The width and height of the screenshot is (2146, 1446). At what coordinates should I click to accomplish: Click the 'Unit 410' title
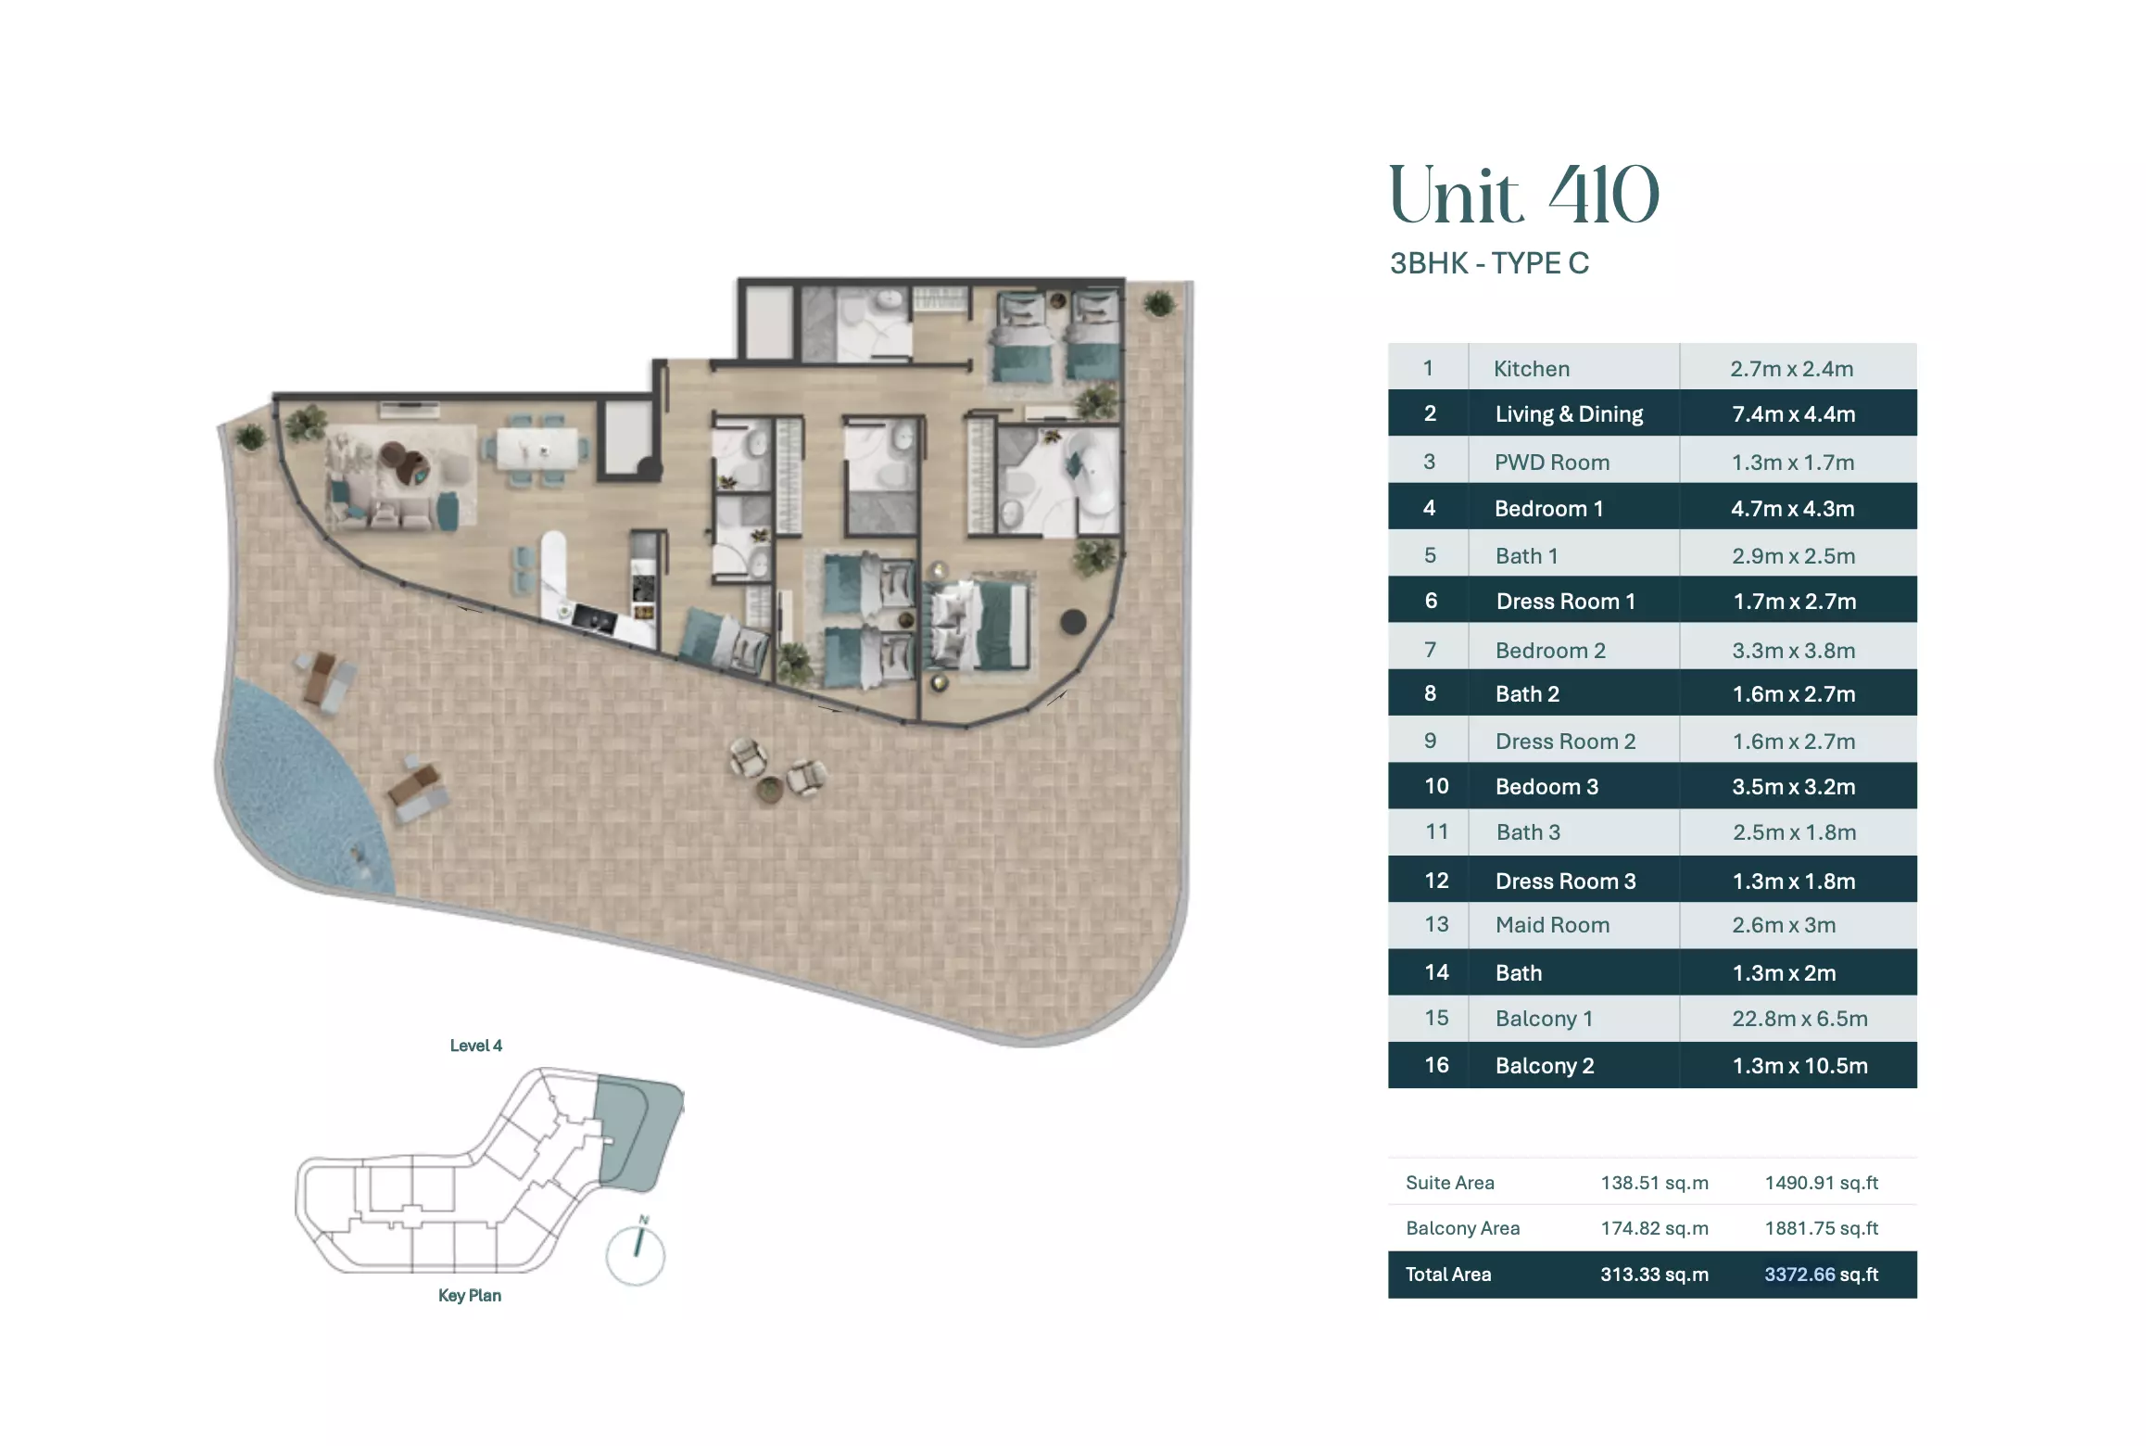click(x=1523, y=195)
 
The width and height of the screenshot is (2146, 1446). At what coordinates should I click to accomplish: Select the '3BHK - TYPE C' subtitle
click(x=1489, y=263)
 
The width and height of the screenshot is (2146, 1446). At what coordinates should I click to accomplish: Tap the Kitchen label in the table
click(x=1531, y=368)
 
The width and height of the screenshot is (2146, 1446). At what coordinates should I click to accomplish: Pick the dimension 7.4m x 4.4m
click(x=1793, y=413)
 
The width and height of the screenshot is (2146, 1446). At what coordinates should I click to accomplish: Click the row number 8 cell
click(x=1429, y=693)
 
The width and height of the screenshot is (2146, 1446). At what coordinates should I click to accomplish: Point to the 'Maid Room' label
click(x=1552, y=924)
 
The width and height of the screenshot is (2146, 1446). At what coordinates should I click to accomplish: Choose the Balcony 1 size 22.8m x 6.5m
click(x=1799, y=1018)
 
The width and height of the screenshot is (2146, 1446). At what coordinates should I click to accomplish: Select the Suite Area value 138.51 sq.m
click(x=1654, y=1182)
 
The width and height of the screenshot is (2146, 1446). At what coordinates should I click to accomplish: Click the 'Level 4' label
click(x=475, y=1045)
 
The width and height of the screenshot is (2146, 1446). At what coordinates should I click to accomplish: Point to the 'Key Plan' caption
click(x=469, y=1295)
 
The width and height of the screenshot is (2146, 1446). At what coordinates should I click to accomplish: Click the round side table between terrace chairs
click(x=769, y=790)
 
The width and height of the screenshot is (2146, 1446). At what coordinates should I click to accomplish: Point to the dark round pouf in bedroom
click(x=1072, y=621)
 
